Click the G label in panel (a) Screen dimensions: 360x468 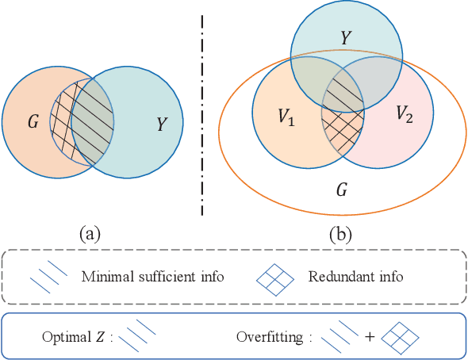(x=33, y=123)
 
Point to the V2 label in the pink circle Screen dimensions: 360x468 (x=405, y=113)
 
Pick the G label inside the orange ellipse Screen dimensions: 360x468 (x=343, y=191)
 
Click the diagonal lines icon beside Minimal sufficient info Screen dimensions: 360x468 (x=45, y=278)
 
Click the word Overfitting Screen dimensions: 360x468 (x=270, y=335)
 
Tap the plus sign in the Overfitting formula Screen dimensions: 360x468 (x=370, y=336)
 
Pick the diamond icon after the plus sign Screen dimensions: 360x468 (x=400, y=336)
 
